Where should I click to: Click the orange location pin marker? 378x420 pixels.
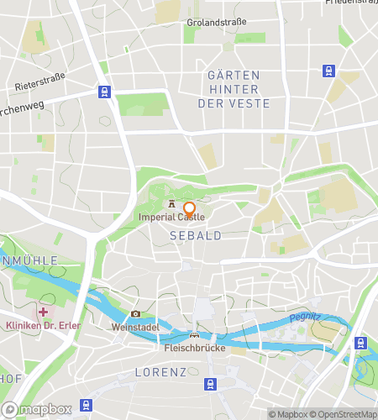[189, 209]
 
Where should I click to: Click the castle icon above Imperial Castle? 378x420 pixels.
[172, 203]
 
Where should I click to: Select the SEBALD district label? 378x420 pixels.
[196, 236]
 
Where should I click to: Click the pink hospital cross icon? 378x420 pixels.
[42, 312]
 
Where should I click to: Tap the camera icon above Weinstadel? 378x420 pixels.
[135, 314]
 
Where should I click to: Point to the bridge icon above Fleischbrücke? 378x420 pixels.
[195, 334]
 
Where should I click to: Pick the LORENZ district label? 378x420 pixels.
[160, 370]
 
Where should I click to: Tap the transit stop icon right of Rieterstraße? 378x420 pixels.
[103, 92]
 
